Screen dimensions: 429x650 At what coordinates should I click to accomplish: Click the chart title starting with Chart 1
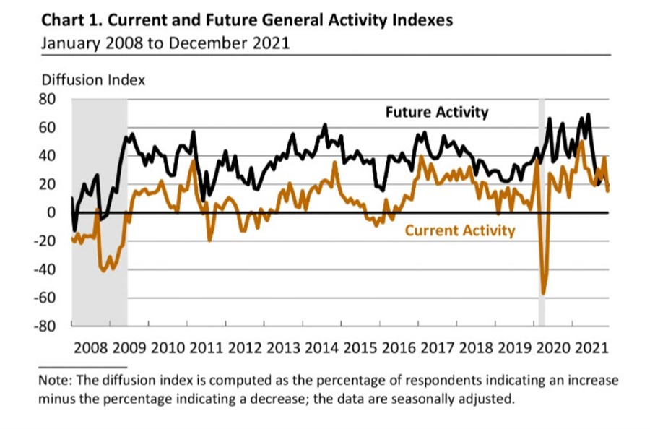tap(247, 19)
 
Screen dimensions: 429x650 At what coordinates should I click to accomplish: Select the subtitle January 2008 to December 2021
tap(165, 43)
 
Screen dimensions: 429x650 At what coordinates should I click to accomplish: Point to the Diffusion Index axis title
tap(93, 80)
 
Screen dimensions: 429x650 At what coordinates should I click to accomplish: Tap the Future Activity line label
tap(436, 113)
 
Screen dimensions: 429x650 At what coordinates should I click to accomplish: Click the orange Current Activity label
tap(459, 231)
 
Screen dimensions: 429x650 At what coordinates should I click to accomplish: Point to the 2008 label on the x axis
tap(91, 347)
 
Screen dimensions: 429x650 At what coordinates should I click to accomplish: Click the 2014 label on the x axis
tap(321, 347)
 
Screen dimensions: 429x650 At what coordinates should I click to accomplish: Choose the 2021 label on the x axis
tap(589, 347)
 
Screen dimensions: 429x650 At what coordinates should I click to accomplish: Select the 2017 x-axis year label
tap(436, 347)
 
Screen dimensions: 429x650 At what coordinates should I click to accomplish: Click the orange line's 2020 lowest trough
tap(543, 293)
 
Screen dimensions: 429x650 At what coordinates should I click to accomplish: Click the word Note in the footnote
tap(56, 380)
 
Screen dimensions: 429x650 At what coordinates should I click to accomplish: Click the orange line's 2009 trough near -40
tap(103, 270)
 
